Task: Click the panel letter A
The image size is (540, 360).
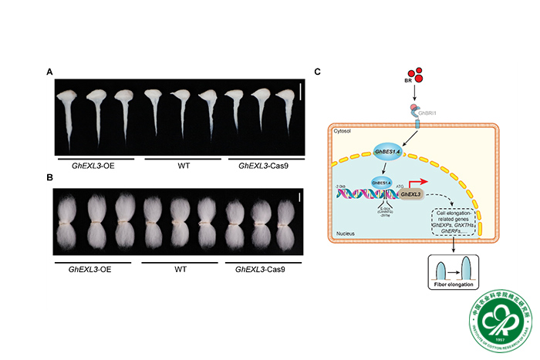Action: [49, 72]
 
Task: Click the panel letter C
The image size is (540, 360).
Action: [318, 72]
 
